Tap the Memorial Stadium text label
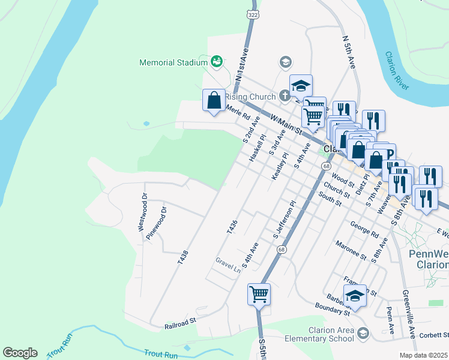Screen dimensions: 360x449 pos(173,62)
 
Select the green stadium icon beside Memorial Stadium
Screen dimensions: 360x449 pos(217,61)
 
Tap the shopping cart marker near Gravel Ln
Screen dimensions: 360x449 pos(259,295)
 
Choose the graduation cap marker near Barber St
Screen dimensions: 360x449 pos(355,297)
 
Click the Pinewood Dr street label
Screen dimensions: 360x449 pos(155,223)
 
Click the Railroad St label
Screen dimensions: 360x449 pos(181,324)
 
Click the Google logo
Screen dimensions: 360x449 pos(20,352)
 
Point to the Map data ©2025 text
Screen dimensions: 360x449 pos(424,355)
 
